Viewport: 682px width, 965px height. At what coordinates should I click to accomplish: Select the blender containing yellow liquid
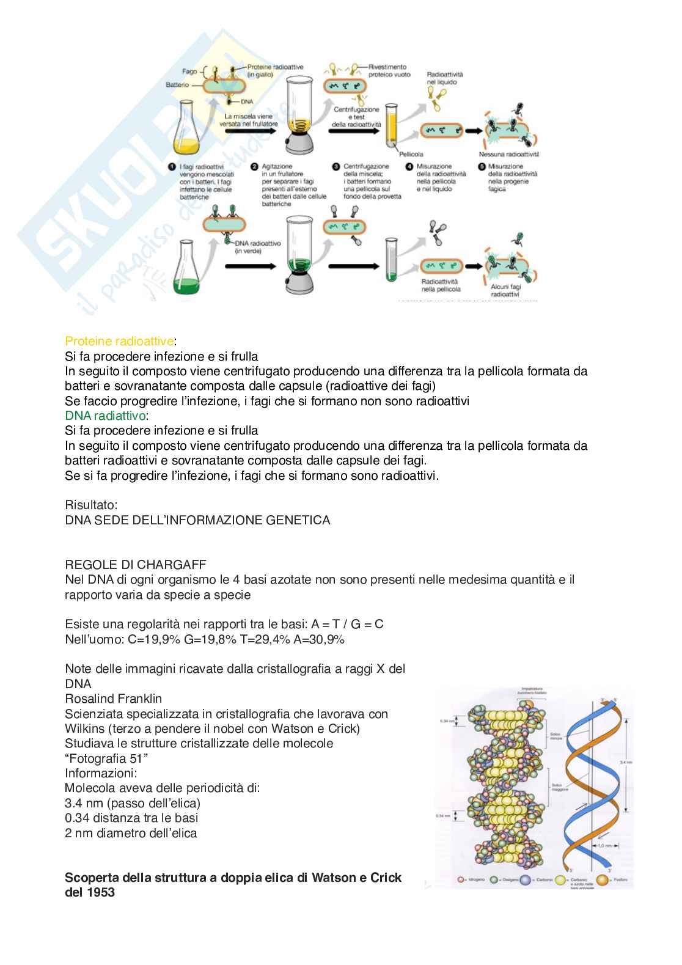[299, 122]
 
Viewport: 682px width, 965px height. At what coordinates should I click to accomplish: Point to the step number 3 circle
[335, 166]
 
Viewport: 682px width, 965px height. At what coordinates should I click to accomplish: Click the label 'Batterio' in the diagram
[177, 85]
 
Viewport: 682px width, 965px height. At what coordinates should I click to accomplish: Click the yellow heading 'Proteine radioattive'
[119, 340]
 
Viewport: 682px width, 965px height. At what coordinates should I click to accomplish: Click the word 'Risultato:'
[91, 505]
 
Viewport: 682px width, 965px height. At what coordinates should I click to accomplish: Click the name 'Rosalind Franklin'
[113, 699]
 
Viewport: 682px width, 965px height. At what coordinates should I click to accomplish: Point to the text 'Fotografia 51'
[107, 758]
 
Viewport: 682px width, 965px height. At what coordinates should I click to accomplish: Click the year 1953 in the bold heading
[100, 892]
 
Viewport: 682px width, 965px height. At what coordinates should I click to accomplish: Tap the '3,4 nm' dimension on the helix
[622, 762]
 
